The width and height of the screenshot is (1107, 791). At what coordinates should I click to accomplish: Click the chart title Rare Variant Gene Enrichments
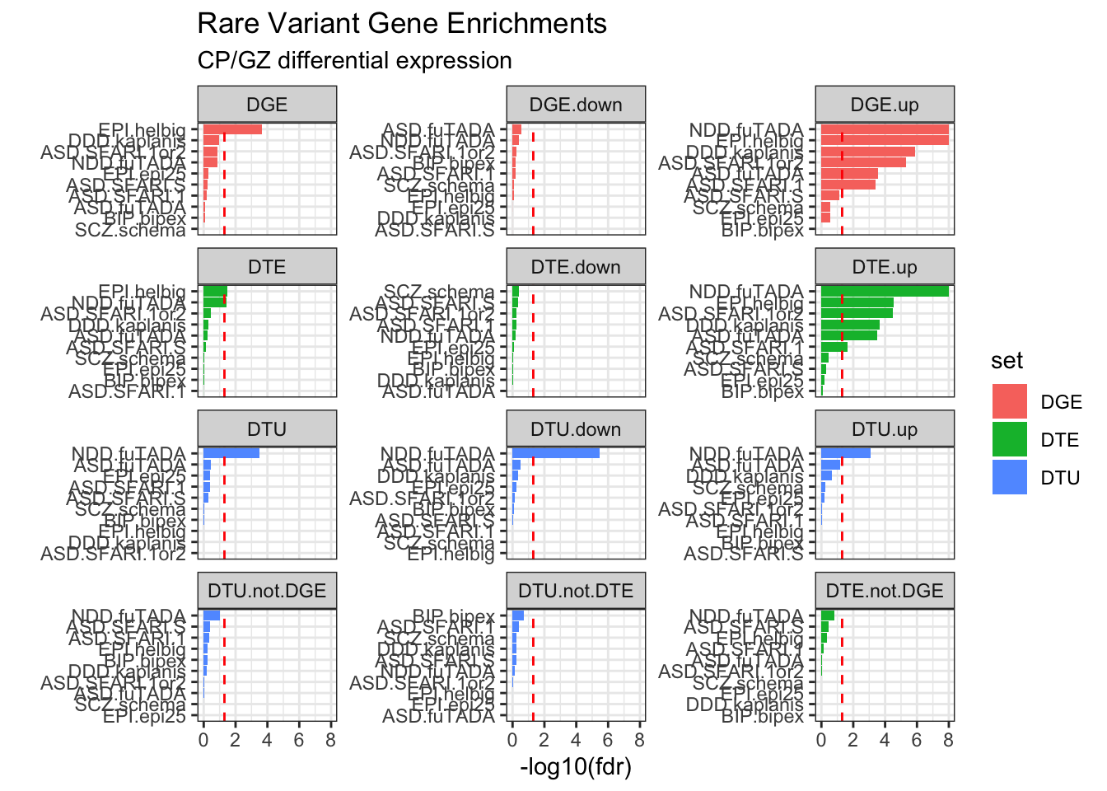(x=402, y=24)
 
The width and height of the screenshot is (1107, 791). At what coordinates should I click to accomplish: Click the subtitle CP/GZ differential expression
(x=354, y=61)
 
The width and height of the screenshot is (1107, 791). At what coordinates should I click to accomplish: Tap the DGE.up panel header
(x=885, y=105)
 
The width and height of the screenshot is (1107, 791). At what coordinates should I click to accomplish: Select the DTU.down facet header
(x=576, y=429)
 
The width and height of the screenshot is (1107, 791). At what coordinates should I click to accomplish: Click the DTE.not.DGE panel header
(x=885, y=591)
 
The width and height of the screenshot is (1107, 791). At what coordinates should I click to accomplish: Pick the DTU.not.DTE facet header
(x=576, y=591)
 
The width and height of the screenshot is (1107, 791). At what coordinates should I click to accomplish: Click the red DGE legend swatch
(x=1009, y=401)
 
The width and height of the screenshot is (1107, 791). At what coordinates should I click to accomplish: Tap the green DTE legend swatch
(x=1009, y=439)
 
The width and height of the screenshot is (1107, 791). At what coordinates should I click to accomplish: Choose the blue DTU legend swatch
(x=1009, y=477)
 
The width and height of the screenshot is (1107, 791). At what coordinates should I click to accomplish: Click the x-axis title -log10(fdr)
(x=576, y=767)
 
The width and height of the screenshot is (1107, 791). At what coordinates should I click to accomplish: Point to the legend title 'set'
(x=1007, y=361)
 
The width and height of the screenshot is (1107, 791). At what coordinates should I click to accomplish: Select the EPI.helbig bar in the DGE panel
(x=232, y=129)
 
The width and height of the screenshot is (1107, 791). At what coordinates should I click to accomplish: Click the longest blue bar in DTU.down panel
(x=555, y=453)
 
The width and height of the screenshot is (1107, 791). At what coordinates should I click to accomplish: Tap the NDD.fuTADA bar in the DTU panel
(x=231, y=453)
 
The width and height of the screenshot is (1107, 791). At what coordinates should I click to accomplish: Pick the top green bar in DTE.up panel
(x=885, y=291)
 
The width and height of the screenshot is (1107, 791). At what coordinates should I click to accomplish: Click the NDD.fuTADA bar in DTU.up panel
(x=846, y=453)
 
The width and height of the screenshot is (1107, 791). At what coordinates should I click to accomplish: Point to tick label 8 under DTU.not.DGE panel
(x=330, y=740)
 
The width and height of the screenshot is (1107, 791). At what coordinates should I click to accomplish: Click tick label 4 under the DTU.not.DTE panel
(x=576, y=740)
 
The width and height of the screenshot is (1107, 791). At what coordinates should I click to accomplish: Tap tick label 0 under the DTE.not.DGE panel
(x=821, y=740)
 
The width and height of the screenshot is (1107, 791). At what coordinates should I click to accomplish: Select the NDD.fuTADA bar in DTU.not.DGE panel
(x=212, y=615)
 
